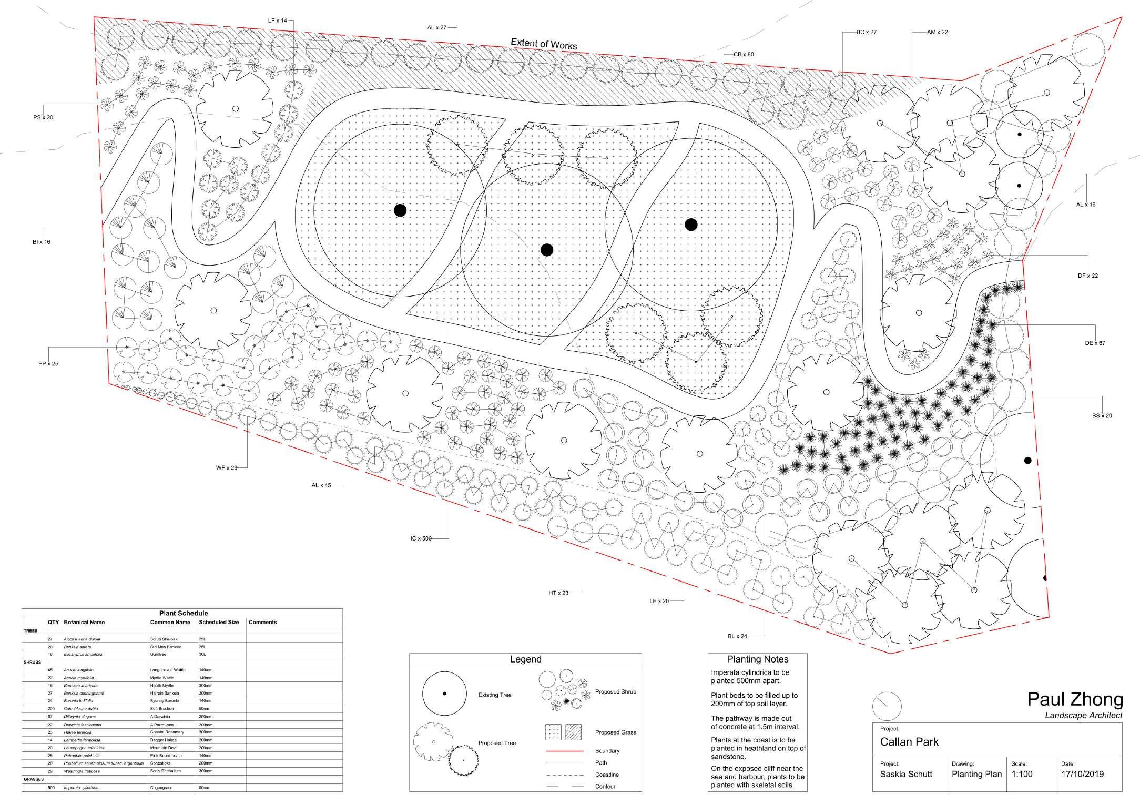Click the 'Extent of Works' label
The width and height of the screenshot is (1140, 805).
[544, 44]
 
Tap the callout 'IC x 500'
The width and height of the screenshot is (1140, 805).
[421, 538]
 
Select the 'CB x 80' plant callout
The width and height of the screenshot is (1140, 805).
[744, 54]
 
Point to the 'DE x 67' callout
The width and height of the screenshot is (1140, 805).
[1095, 343]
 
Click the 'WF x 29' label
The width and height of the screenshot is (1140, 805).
[227, 467]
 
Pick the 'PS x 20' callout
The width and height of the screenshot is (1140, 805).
[43, 117]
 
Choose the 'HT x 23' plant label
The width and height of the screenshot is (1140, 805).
[558, 593]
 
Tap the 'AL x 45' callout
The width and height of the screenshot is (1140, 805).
[321, 485]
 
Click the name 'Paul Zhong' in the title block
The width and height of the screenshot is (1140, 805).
[1075, 700]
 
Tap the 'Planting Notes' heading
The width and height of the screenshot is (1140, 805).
[757, 659]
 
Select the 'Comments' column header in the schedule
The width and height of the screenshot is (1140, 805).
[262, 622]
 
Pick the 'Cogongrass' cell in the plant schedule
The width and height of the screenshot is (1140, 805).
[161, 788]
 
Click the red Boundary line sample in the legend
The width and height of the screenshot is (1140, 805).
[565, 751]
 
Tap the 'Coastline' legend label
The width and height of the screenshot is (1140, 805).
[607, 775]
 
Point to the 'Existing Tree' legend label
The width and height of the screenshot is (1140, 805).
[494, 695]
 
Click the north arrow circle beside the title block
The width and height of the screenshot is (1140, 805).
[886, 706]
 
